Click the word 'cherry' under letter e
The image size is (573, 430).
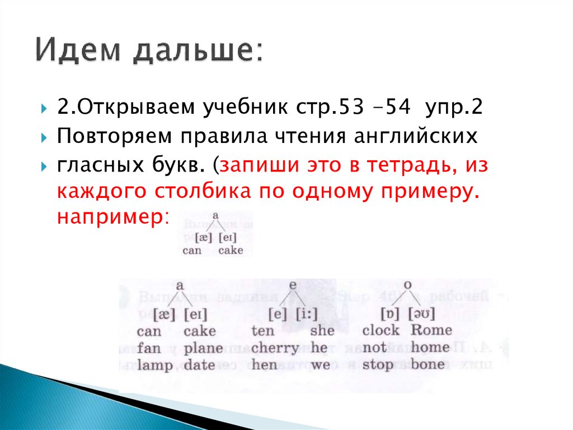pos(275,348)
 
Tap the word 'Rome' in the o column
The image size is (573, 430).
pos(431,330)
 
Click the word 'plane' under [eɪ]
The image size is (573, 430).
pos(203,348)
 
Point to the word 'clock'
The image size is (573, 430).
pos(381,330)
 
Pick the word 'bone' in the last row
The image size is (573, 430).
pos(428,365)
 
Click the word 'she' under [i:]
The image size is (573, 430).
pos(321,330)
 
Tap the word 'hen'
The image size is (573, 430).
pos(264,366)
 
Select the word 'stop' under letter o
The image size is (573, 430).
pos(378,366)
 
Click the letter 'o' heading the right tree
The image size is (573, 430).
pos(408,285)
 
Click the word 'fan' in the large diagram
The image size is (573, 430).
pos(149,348)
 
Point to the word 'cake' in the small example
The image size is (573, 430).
pos(231,250)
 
